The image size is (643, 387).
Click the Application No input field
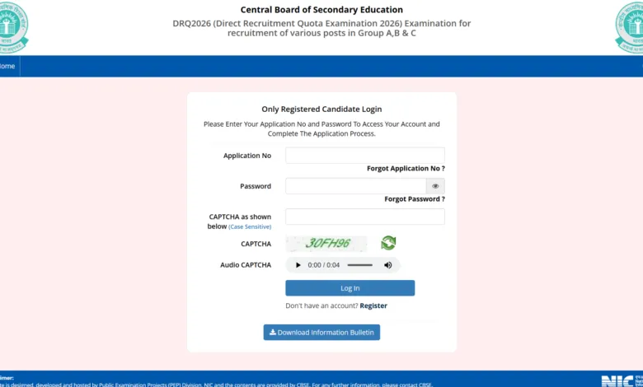coord(364,156)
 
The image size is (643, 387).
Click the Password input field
coord(355,186)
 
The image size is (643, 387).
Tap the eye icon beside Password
coord(435,186)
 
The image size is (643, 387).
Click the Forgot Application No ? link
coord(406,168)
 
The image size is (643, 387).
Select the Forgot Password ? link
coord(415,199)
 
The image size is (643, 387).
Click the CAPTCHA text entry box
coord(364,217)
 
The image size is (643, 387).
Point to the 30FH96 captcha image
coord(326,244)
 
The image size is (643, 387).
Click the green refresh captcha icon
coord(388,243)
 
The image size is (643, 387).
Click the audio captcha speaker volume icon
coord(388,265)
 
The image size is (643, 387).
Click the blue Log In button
coord(350,288)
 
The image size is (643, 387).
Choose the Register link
coord(373,305)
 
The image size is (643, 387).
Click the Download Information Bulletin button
coord(321,333)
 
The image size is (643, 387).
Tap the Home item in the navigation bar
coord(7,66)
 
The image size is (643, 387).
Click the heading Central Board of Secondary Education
coord(321,10)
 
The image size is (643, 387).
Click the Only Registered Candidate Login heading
coord(321,109)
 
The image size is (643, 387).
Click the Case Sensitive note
coord(250,226)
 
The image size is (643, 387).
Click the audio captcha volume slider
coord(360,265)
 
